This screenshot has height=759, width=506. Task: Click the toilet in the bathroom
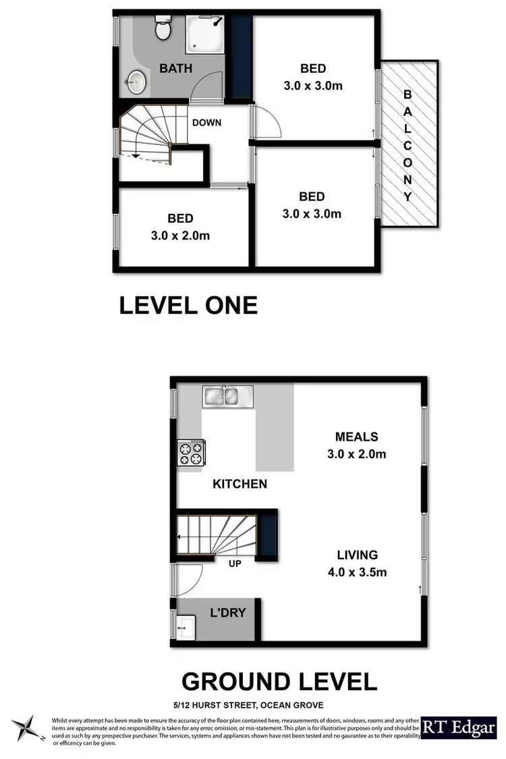click(163, 28)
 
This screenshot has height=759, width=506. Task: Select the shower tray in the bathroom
click(205, 34)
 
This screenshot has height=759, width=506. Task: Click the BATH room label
click(175, 68)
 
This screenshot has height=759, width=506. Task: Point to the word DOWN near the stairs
click(206, 123)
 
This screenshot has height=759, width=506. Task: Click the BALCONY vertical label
click(407, 146)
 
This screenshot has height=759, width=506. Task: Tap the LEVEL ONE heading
click(188, 306)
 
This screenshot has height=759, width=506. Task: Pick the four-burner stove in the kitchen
click(191, 452)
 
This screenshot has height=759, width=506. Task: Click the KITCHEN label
click(240, 484)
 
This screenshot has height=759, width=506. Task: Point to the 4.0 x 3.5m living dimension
click(357, 573)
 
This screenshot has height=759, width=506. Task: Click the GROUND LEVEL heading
click(279, 681)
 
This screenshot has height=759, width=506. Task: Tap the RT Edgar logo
click(459, 727)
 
